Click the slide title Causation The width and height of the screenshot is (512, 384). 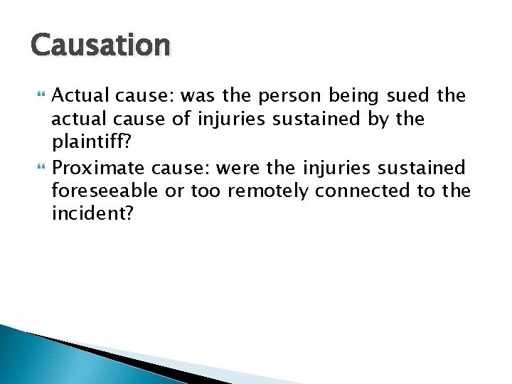(x=100, y=46)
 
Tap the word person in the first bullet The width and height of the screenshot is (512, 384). (x=284, y=95)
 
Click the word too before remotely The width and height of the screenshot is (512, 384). (x=206, y=191)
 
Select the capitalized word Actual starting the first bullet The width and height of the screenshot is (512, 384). (x=78, y=95)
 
